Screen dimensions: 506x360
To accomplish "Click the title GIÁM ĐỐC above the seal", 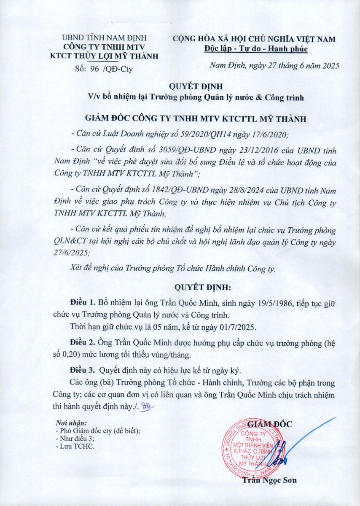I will click(x=270, y=424).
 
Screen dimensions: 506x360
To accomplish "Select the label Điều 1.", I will click(x=83, y=303).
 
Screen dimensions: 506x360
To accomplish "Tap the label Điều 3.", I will click(x=83, y=371).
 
